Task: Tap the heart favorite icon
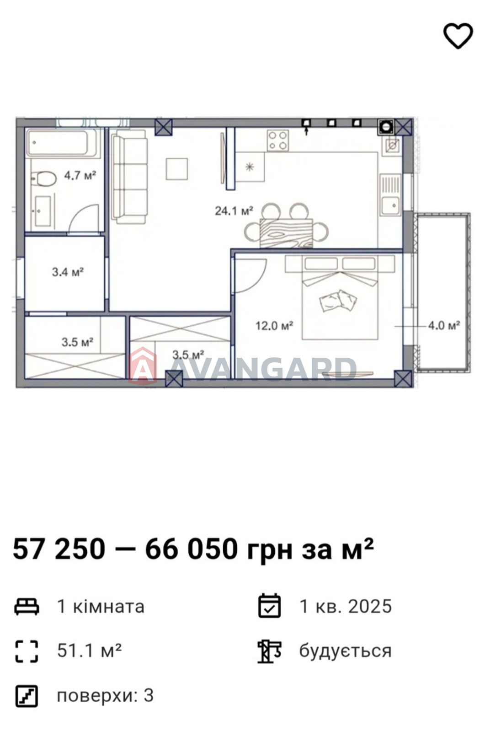(x=458, y=36)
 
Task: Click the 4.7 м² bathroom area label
(x=80, y=176)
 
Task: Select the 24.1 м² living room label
(x=234, y=211)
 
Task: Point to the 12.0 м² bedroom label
(x=274, y=325)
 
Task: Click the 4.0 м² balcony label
(x=444, y=325)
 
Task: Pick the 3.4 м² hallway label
(x=68, y=272)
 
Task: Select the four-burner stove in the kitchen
(x=277, y=140)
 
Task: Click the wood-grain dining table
(x=286, y=233)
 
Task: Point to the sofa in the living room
(x=129, y=177)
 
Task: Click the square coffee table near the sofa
(x=176, y=169)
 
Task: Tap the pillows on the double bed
(x=338, y=301)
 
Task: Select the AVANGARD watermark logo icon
(x=143, y=366)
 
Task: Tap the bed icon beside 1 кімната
(x=27, y=606)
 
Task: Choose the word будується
(x=345, y=651)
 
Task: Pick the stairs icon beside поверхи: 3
(x=27, y=696)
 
